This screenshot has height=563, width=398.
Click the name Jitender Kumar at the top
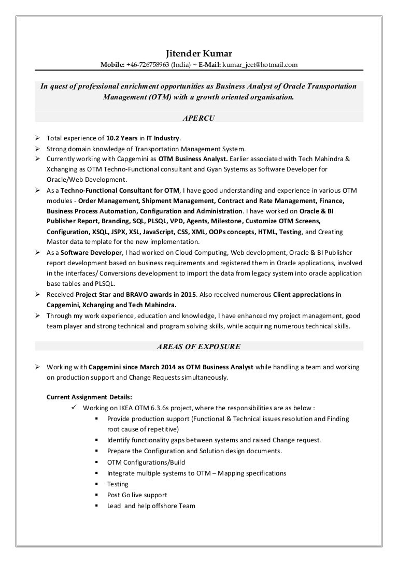pos(198,54)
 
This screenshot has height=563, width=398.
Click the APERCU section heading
pos(198,118)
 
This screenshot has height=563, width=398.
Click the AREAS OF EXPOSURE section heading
pos(198,347)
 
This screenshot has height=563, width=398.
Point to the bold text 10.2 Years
pos(122,138)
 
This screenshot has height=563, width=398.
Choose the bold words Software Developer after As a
pos(91,253)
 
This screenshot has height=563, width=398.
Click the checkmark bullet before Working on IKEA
pos(74,408)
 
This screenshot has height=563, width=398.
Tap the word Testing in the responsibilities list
pos(118,484)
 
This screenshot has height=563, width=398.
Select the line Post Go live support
pos(137,495)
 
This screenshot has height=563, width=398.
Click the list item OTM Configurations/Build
pos(146,463)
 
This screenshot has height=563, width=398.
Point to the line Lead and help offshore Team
pos(151,506)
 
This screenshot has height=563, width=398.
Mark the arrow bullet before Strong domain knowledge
pos(38,149)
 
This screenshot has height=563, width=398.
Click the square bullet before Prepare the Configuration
pos(96,451)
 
